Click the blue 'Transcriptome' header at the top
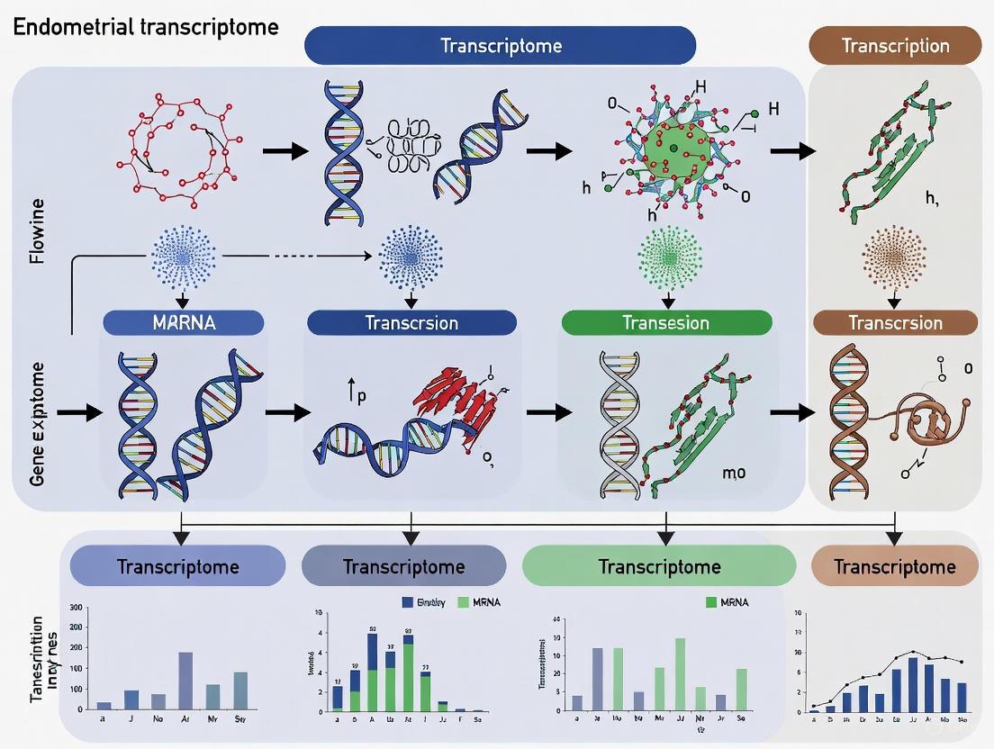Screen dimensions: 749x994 (501, 45)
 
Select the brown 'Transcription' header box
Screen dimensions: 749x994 (894, 45)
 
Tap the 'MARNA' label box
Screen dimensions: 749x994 (184, 323)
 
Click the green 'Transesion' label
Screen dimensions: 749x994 (666, 323)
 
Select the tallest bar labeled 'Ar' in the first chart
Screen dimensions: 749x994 (185, 681)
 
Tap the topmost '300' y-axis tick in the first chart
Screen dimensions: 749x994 (75, 608)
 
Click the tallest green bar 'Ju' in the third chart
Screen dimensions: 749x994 (680, 674)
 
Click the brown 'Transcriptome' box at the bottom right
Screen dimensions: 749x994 (894, 567)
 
